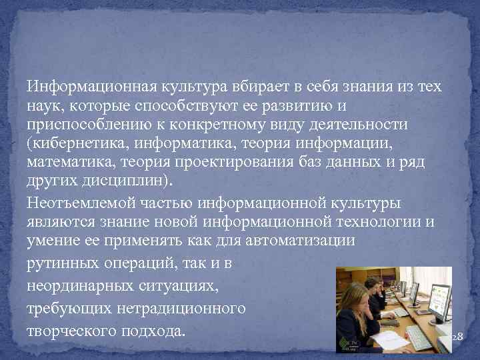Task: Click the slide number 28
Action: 457,338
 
